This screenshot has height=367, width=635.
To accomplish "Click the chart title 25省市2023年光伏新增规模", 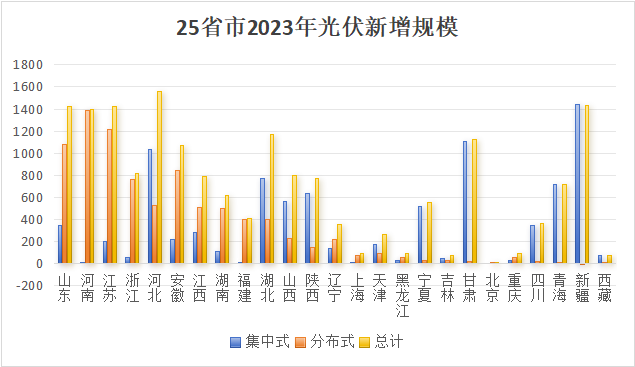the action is (x=317, y=28).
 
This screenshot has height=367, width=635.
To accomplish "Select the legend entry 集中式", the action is (x=260, y=341).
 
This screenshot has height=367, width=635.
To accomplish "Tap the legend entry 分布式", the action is (x=325, y=341).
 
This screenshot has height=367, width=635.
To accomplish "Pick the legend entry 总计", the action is (x=381, y=341).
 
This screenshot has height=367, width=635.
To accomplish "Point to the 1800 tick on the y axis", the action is (x=28, y=65).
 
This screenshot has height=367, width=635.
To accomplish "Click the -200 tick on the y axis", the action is (x=29, y=286).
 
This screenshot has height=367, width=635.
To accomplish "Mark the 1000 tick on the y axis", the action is (x=28, y=154).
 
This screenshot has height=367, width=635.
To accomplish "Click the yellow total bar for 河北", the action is (x=159, y=177).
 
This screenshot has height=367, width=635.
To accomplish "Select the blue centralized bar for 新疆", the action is (x=577, y=184).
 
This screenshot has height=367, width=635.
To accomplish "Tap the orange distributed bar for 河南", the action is (x=87, y=187).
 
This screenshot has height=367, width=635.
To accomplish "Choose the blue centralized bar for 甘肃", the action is (x=465, y=202).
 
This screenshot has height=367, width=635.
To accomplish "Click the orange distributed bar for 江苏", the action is (x=109, y=196).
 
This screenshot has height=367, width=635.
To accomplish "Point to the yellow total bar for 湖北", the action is (x=272, y=199).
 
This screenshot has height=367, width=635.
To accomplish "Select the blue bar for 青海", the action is (x=555, y=224).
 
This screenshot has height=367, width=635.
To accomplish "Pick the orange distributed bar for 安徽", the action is (x=177, y=217).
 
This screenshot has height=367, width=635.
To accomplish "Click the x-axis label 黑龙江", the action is (x=402, y=295).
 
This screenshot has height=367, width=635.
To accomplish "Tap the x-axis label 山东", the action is (x=65, y=288).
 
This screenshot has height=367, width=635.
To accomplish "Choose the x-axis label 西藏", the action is (x=604, y=288).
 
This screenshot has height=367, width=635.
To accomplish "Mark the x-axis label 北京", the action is (x=492, y=288).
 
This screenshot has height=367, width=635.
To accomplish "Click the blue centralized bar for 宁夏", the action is (x=420, y=235).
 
